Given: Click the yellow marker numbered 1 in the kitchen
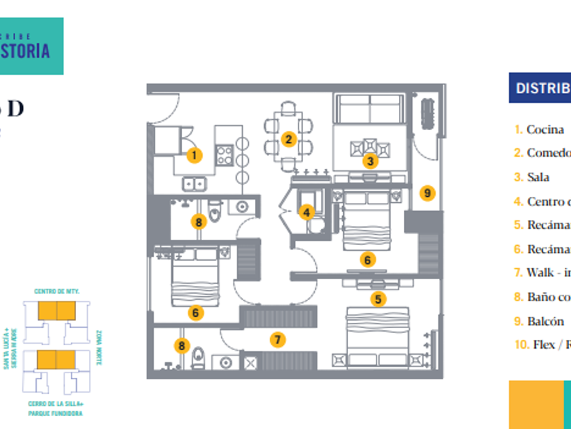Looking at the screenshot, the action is click(x=194, y=155).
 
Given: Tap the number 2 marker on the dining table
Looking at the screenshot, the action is click(x=289, y=140).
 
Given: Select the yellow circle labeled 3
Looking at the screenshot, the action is click(x=370, y=161).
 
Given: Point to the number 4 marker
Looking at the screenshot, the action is click(x=307, y=212).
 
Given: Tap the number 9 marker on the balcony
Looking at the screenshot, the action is click(x=427, y=193).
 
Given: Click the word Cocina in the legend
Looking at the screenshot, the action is click(x=545, y=129).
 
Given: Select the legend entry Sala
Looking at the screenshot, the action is click(x=538, y=177).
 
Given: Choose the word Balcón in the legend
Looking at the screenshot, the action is click(x=545, y=321).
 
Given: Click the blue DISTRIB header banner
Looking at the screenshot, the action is click(x=541, y=88).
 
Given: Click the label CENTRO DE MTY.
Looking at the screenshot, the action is click(x=57, y=291).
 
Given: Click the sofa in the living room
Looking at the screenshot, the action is click(x=370, y=108).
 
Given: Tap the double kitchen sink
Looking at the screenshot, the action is click(x=194, y=183).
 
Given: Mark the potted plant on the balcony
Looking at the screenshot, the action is click(x=428, y=112).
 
